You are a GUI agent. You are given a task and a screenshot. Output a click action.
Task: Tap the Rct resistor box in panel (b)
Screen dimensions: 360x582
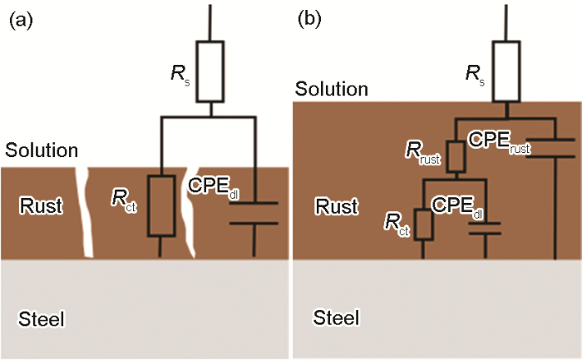tap(422, 225)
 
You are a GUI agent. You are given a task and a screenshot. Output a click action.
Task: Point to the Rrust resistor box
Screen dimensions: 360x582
tap(456, 156)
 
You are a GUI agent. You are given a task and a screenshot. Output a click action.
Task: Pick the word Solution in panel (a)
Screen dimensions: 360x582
tap(42, 150)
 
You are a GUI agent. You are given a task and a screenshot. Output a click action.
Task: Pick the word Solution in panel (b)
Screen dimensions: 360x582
tap(333, 88)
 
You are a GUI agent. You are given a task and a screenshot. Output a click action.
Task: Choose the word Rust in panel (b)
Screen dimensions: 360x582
tap(335, 205)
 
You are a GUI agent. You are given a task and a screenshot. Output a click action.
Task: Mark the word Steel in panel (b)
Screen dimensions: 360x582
tap(336, 318)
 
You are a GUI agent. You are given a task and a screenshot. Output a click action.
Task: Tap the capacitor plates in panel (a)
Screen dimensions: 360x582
tap(254, 213)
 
